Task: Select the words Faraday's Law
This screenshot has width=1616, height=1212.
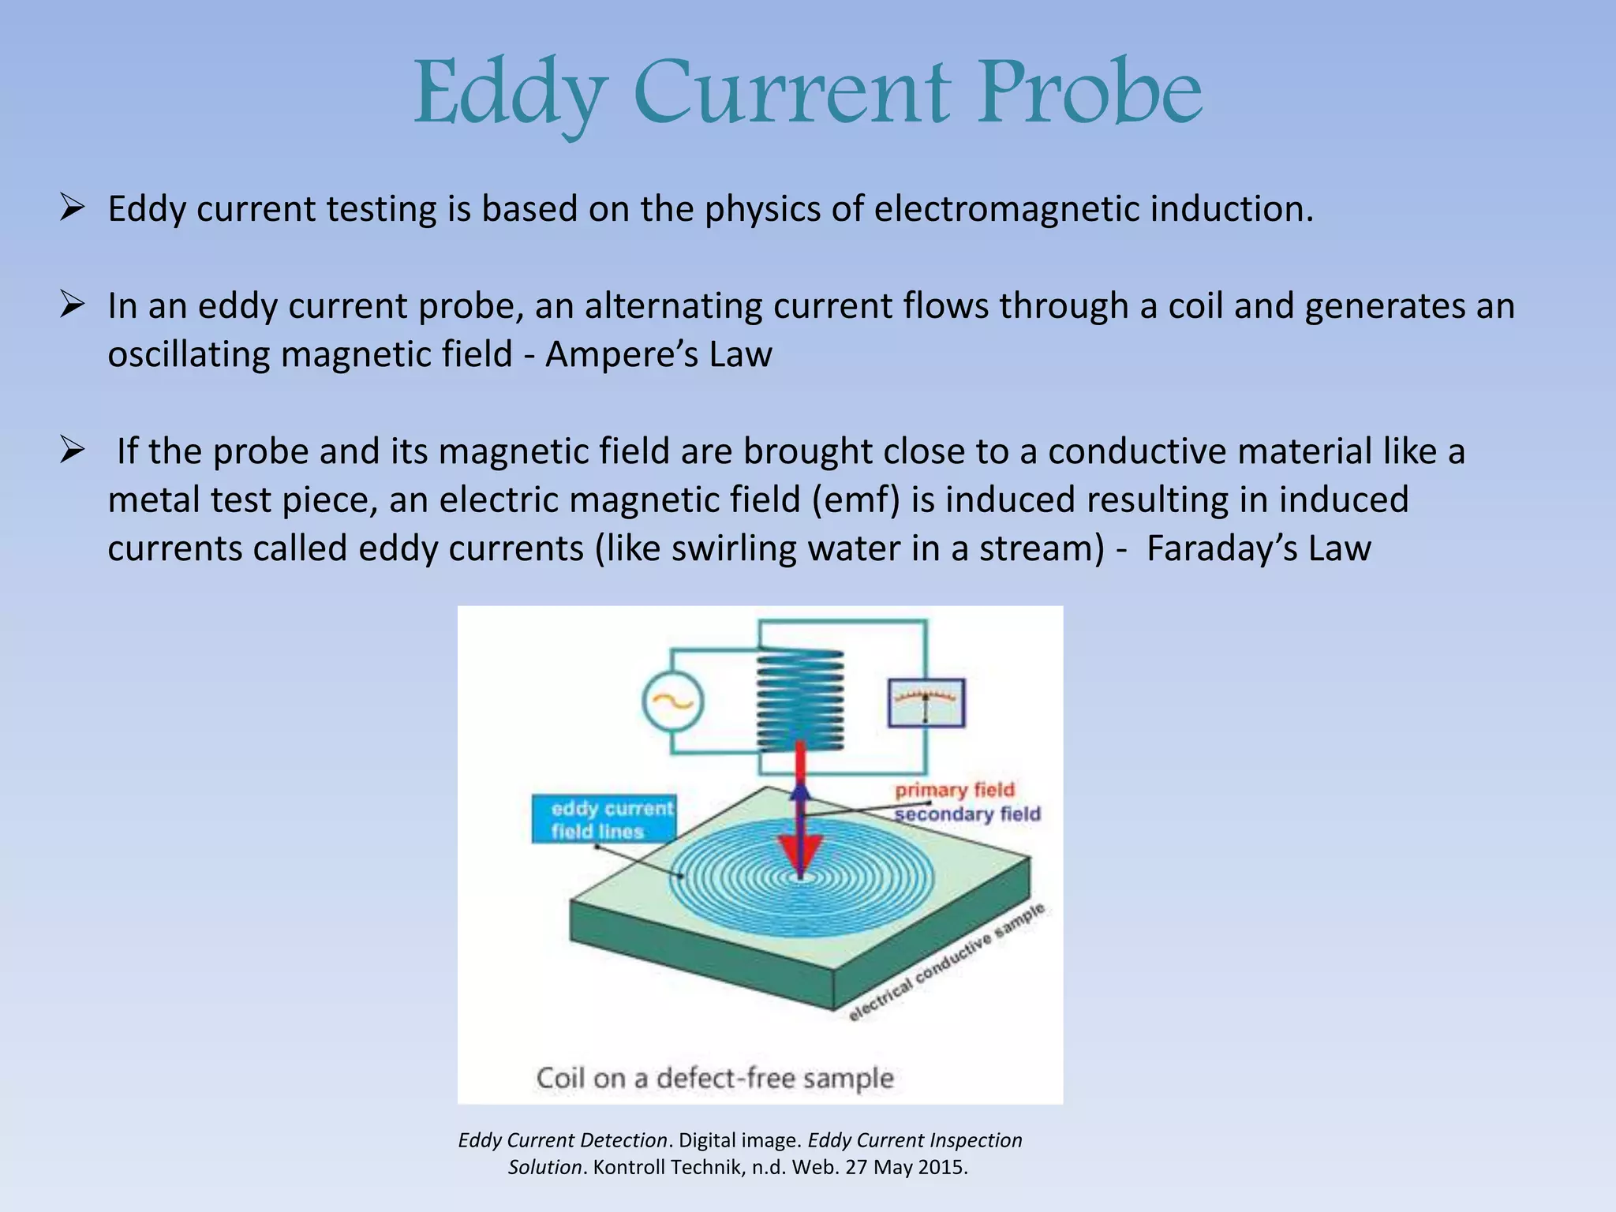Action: [1259, 548]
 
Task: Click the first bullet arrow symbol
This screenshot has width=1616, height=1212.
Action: [72, 209]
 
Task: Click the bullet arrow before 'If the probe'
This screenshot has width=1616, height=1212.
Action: [72, 451]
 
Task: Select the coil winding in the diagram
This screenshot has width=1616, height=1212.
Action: [800, 700]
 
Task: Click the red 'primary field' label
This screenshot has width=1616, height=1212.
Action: [954, 790]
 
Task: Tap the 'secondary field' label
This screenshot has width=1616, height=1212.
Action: [967, 814]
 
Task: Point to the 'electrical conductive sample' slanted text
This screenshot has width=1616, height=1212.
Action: [947, 963]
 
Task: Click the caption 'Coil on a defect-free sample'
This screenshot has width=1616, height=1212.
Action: [715, 1078]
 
